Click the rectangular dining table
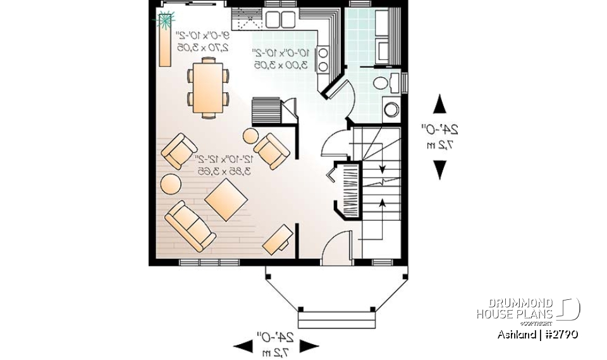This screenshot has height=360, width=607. tap(208, 87)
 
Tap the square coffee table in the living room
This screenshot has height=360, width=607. tap(225, 200)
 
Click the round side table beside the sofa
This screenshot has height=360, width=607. tap(171, 184)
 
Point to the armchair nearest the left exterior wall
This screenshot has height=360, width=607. tap(178, 151)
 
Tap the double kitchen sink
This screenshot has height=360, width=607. tap(281, 20)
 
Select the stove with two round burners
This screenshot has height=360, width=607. tap(322, 58)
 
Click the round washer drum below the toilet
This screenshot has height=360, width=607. tap(391, 109)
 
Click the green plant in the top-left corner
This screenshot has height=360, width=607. tap(164, 20)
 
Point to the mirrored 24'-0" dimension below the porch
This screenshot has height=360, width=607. tap(276, 340)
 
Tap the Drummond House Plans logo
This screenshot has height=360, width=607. tap(528, 309)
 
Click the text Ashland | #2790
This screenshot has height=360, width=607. tap(537, 335)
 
